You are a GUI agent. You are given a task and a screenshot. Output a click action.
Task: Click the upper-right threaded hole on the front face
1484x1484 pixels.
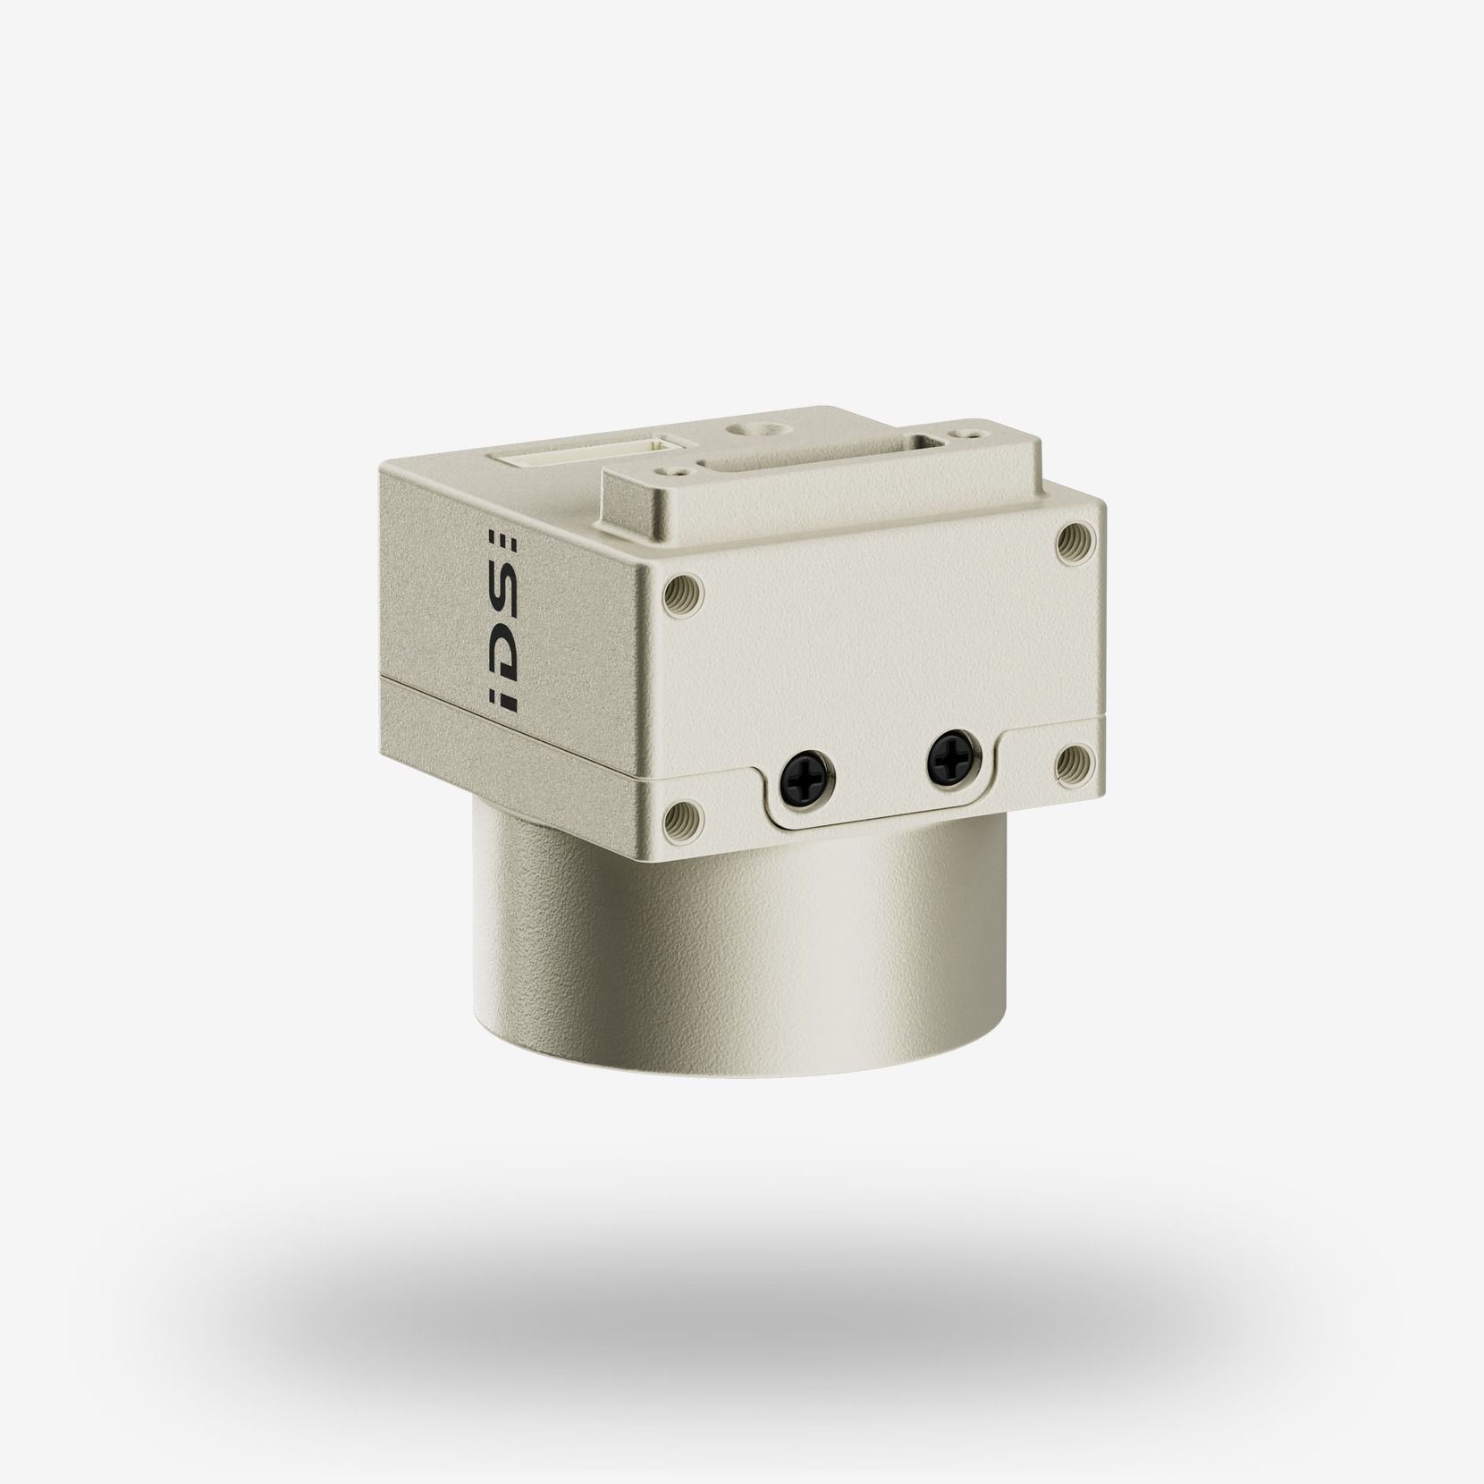(x=1071, y=542)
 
